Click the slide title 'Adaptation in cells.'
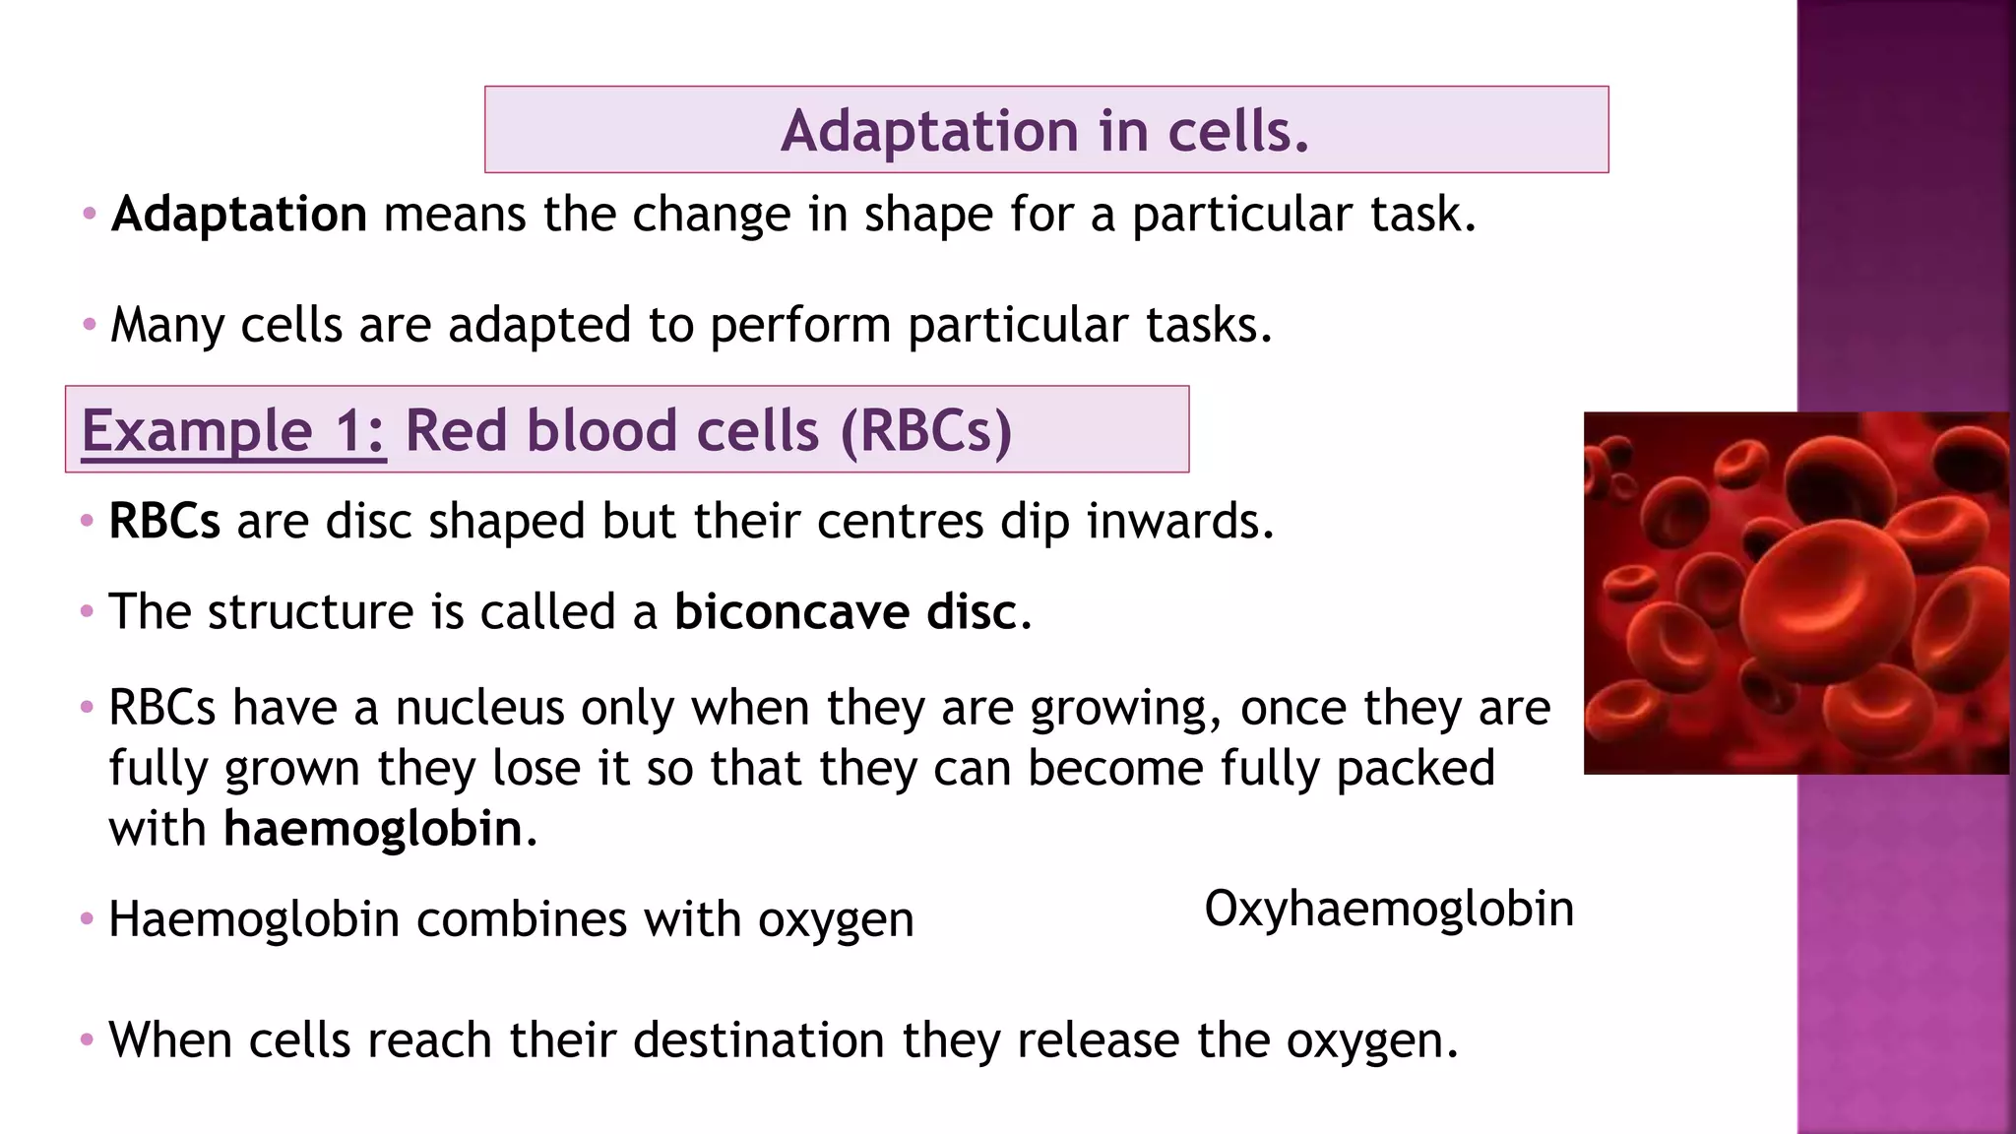[x=1045, y=131]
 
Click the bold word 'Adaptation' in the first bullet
[x=239, y=215]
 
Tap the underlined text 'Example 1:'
[x=233, y=431]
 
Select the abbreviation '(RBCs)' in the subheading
[x=925, y=431]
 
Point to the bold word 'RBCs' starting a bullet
[x=164, y=522]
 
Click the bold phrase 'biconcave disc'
[x=846, y=612]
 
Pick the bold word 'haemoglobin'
[x=373, y=829]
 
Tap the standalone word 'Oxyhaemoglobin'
[x=1389, y=909]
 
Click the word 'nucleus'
[x=480, y=708]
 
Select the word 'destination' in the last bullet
[x=759, y=1040]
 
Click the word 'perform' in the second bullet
[x=800, y=325]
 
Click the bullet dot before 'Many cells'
[x=90, y=324]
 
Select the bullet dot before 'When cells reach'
[x=87, y=1039]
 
